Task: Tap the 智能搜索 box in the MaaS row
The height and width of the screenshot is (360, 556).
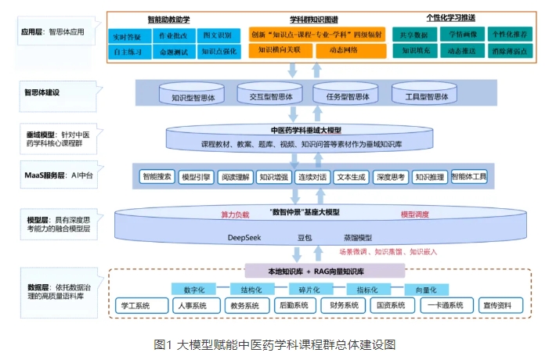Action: coord(157,178)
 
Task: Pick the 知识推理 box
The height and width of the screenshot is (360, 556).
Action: coord(429,178)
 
